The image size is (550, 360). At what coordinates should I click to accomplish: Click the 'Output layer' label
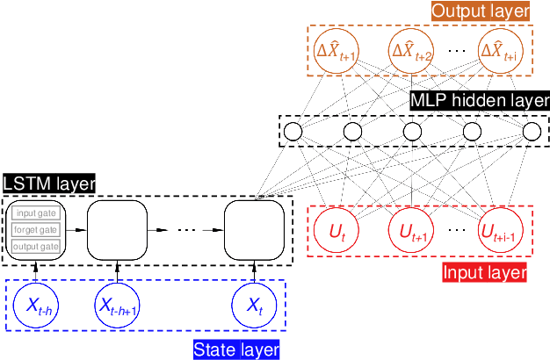tap(481, 11)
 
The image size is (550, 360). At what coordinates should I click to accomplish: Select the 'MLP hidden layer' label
tap(481, 100)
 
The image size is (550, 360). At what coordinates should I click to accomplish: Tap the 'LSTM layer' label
tap(48, 184)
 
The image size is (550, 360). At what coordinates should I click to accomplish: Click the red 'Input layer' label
tap(483, 273)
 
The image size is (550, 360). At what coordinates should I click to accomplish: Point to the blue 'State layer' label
tap(236, 349)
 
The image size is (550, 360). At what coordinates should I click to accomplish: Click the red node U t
tap(337, 231)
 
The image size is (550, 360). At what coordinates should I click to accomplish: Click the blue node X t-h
tap(36, 306)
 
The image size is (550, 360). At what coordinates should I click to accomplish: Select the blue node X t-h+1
tap(117, 306)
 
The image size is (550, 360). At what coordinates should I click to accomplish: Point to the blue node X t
tap(254, 306)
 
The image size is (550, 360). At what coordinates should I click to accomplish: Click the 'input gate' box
tap(36, 213)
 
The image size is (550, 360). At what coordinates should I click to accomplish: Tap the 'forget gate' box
tap(36, 230)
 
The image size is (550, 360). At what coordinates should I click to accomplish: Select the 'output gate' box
tap(36, 247)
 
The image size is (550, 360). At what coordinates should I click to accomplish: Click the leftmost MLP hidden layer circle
tap(293, 132)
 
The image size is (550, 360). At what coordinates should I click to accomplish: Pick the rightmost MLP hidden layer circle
tap(532, 132)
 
